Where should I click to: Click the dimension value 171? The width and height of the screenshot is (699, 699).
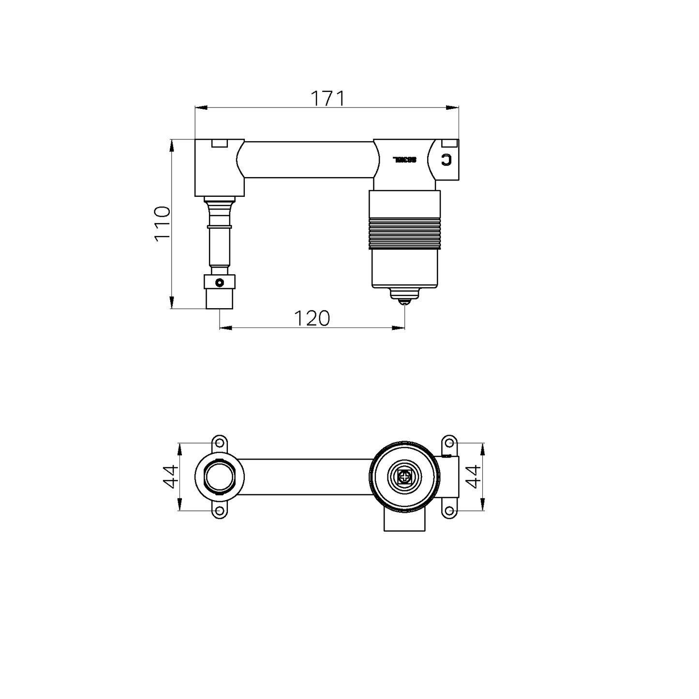pos(327,99)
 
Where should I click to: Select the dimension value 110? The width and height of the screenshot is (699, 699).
pos(162,223)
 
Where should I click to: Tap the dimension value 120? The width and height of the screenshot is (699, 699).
pos(312,318)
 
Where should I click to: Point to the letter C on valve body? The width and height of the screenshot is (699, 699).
pos(446,160)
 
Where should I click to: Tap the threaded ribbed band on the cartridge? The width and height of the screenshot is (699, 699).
pos(404,233)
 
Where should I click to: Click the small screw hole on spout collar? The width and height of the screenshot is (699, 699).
pos(220,283)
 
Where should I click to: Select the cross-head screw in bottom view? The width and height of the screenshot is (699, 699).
pos(404,477)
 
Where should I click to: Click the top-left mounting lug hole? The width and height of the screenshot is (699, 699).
pos(220,443)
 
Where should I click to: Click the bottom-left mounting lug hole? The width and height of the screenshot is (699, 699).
pos(220,511)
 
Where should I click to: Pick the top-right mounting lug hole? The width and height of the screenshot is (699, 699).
pos(449,443)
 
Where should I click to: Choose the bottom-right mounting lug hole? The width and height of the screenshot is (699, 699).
pos(449,511)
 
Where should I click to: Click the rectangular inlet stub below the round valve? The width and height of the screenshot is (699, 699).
pos(404,521)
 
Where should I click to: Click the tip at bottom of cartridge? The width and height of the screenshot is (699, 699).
pos(404,301)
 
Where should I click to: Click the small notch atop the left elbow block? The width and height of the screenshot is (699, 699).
pos(220,143)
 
